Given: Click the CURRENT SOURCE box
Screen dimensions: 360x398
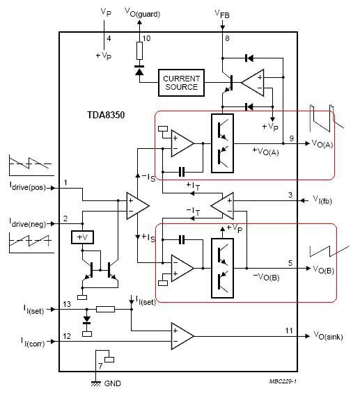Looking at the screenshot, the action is click(181, 83).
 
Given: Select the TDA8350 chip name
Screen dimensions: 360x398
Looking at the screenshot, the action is click(106, 115).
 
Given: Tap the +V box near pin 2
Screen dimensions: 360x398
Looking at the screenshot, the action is click(82, 237).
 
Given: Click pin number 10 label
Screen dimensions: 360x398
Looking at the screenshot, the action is click(146, 38).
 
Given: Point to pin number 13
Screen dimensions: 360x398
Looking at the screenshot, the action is click(67, 304).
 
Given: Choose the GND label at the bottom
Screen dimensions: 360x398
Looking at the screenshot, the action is click(113, 383).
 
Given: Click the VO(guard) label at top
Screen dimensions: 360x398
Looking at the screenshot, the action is click(143, 13).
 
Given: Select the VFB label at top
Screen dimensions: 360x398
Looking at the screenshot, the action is click(222, 14).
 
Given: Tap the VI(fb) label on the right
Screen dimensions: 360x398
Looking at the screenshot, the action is click(322, 200).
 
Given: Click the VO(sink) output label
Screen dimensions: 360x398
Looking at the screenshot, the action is click(328, 335).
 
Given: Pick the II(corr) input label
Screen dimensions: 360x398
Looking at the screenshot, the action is click(33, 342).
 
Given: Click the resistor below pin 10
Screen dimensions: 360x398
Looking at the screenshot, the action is click(139, 51).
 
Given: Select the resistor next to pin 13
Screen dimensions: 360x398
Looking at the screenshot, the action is click(105, 309).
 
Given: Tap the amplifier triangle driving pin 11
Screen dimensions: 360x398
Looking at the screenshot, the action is click(182, 336).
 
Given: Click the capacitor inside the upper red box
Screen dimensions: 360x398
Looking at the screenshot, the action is click(182, 172).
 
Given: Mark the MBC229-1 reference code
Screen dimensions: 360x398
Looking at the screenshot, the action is click(283, 381).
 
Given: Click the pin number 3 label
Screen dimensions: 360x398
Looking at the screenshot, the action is click(290, 195).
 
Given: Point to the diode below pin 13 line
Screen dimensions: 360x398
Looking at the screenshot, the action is click(87, 320).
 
